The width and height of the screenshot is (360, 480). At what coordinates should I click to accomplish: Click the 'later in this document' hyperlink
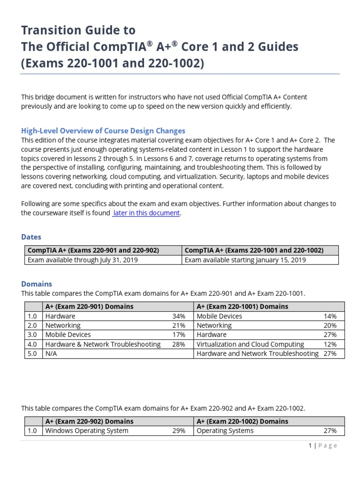[x=146, y=213]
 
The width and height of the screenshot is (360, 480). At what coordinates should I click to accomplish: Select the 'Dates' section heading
[x=31, y=237]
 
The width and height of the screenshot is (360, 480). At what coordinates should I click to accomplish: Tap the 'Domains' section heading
[x=37, y=284]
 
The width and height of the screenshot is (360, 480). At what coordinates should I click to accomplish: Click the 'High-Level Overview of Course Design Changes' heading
[x=103, y=131]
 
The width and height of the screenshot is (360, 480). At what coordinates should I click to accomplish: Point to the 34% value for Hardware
[x=179, y=316]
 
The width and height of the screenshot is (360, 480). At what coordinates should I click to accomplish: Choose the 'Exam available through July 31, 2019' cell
[x=82, y=260]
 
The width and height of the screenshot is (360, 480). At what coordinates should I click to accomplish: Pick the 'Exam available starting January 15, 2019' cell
[x=245, y=260]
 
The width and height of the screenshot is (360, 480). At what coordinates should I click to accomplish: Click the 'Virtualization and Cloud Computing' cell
[x=250, y=345]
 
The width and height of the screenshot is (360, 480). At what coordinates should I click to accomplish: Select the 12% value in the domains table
[x=330, y=345]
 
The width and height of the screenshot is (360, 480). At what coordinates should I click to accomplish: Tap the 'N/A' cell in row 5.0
[x=52, y=354]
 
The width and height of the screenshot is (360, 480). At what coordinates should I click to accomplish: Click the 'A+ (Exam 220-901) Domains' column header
[x=89, y=307]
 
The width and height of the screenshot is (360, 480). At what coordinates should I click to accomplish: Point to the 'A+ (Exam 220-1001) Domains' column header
[x=242, y=307]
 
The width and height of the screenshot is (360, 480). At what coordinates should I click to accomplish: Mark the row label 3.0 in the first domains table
[x=32, y=335]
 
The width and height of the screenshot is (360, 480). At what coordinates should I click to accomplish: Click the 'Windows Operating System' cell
[x=87, y=431]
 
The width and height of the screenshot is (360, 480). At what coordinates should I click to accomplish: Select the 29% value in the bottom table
[x=179, y=431]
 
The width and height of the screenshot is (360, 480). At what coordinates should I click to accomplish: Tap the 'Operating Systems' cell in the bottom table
[x=225, y=431]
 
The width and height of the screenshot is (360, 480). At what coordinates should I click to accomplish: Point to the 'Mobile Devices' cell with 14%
[x=219, y=316]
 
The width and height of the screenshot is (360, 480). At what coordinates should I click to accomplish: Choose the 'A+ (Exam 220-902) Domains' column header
[x=89, y=421]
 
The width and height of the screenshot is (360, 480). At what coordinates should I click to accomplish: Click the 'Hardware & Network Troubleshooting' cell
[x=103, y=345]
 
